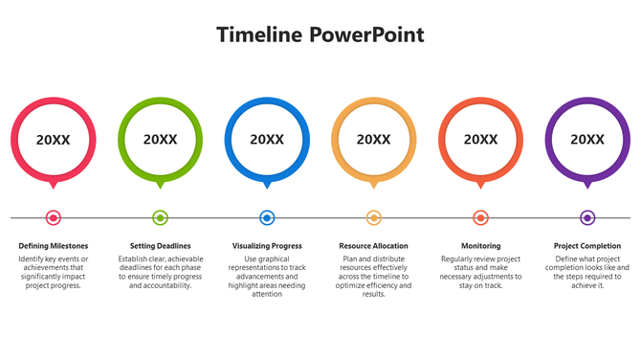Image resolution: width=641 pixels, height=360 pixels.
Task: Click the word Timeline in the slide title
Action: tap(259, 35)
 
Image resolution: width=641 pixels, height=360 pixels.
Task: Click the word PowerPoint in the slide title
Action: tap(366, 35)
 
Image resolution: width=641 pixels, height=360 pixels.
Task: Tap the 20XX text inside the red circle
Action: tap(54, 140)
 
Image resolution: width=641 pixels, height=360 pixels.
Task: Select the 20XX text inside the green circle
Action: tap(161, 140)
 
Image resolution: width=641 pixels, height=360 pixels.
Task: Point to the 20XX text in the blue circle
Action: tap(267, 140)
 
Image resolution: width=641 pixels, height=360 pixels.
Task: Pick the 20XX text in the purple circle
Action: tap(587, 140)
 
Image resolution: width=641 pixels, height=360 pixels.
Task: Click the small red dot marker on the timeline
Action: tap(54, 217)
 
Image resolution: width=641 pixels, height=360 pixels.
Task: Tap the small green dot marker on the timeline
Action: tap(161, 217)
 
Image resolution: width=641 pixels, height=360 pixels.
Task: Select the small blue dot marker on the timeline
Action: tap(267, 217)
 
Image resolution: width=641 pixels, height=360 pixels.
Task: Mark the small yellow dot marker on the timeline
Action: tap(374, 217)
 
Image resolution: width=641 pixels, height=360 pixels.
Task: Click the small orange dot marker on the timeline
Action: tap(480, 217)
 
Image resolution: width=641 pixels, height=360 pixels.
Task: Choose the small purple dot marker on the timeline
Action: tap(587, 217)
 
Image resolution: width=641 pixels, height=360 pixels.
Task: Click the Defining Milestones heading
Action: tap(54, 246)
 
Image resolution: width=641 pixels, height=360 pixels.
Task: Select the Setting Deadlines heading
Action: tap(161, 246)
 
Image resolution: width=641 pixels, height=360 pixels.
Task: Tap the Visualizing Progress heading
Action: tap(267, 246)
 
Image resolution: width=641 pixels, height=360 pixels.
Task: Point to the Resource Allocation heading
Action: tap(374, 246)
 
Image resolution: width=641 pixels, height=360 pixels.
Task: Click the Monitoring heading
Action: tap(480, 246)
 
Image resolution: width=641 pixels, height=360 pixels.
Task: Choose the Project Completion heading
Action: tap(587, 246)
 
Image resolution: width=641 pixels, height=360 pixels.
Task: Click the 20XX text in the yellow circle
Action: tap(374, 140)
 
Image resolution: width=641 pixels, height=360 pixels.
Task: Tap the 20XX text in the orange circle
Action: tap(480, 140)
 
